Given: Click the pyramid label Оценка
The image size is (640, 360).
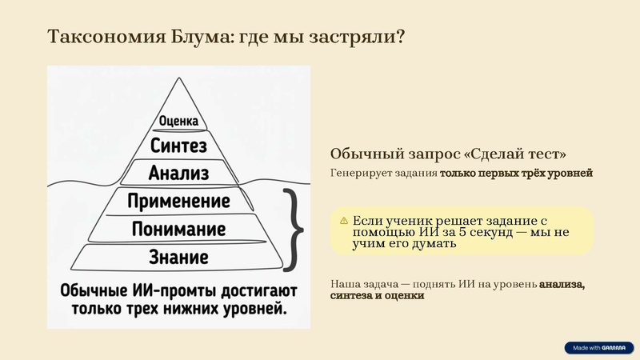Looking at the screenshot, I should (x=178, y=122).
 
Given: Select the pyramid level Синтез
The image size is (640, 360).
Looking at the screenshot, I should (x=178, y=146).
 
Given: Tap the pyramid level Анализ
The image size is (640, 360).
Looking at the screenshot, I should (x=178, y=173).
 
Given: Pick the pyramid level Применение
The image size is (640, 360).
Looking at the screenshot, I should (x=179, y=201).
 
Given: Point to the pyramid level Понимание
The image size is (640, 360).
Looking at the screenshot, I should (x=179, y=230).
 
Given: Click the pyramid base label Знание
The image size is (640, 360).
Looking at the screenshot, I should (x=179, y=258).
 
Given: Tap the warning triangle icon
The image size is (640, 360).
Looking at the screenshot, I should (x=343, y=220).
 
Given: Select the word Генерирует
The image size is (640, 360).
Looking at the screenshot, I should (x=357, y=173).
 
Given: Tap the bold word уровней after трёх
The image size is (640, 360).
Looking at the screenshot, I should (x=570, y=173).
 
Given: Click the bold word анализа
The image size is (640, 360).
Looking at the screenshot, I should (x=562, y=283).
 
